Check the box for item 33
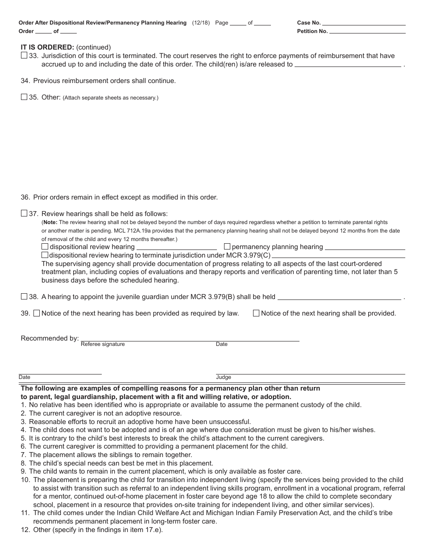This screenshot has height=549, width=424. click(24, 56)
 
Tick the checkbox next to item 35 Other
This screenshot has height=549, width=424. click(24, 97)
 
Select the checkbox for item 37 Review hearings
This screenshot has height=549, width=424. click(24, 213)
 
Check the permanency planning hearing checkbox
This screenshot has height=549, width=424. click(227, 246)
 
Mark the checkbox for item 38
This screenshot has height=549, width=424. click(24, 296)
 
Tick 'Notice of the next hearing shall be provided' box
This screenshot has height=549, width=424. click(256, 313)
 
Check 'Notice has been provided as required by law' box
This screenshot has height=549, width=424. click(37, 313)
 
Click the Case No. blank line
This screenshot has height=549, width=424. click(364, 23)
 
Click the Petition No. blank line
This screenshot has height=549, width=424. click(367, 31)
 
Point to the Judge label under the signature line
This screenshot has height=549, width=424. click(224, 377)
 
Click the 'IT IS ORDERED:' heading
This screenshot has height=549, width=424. click(47, 47)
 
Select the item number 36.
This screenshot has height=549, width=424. click(25, 197)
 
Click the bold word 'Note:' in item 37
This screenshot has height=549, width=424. click(50, 222)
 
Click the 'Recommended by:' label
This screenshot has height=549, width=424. click(50, 338)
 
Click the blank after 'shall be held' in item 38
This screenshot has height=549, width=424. click(339, 297)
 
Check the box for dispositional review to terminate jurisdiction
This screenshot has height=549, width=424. click(45, 255)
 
